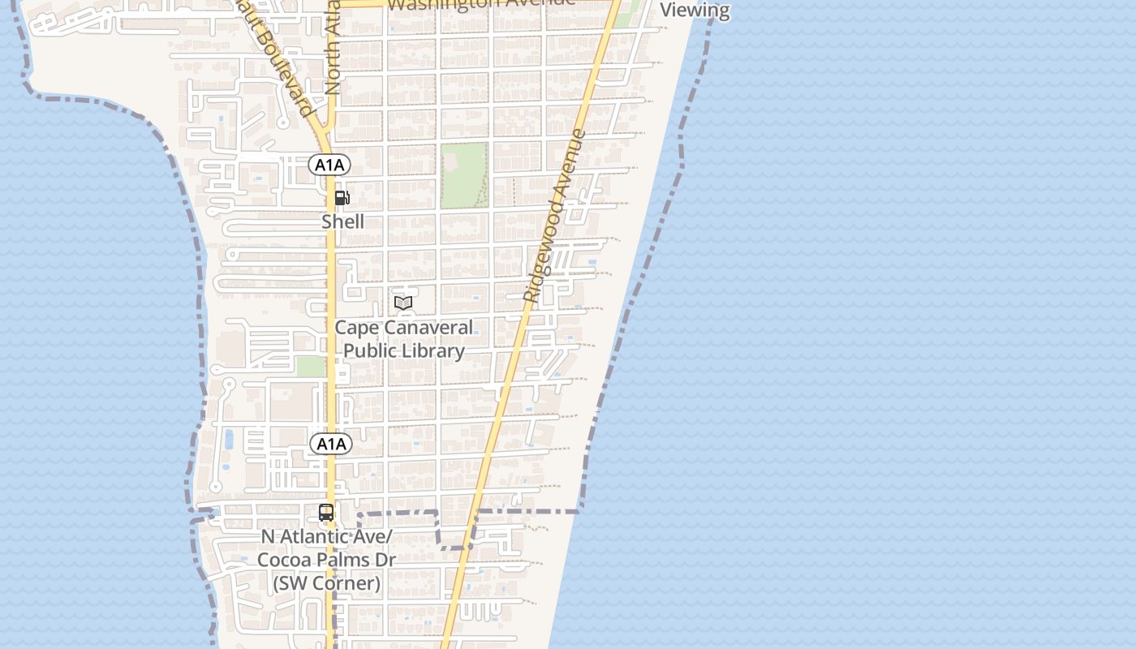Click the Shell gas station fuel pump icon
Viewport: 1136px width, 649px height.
342,198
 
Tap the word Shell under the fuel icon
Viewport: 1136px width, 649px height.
342,221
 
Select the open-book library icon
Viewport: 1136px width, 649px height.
403,303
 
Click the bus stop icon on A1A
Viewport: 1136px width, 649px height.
326,513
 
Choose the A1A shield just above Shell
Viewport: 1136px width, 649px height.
329,165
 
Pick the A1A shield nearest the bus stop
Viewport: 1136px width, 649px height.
331,444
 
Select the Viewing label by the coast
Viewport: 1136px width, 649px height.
695,11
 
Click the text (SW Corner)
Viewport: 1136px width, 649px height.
326,582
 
